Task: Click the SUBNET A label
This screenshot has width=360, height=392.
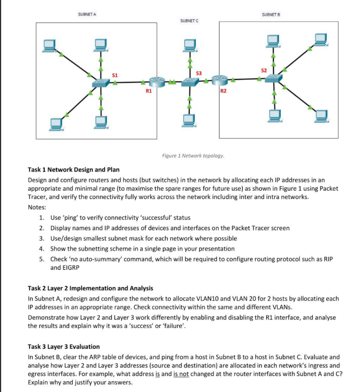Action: coord(87,14)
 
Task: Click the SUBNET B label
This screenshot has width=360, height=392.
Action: coord(271,14)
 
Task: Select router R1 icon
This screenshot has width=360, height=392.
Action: coord(156,81)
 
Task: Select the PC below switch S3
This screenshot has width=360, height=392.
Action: coord(190,120)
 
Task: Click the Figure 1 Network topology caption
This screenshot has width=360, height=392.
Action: coord(194,156)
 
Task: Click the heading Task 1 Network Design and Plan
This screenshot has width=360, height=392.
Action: coord(73,170)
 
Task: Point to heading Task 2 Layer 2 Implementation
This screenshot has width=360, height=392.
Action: coord(90,288)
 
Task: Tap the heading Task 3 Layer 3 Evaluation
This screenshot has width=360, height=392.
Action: coord(64,346)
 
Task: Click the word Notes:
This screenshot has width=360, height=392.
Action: coord(37,207)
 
